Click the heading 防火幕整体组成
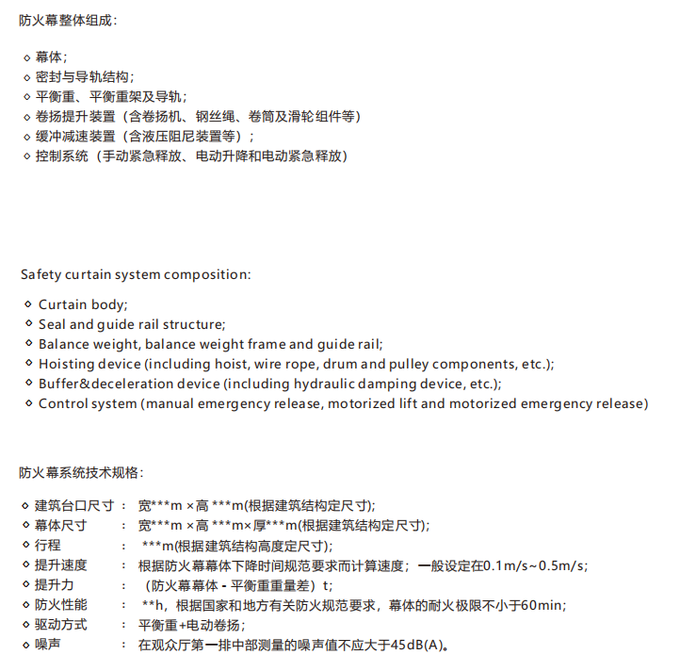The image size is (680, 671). [x=69, y=20]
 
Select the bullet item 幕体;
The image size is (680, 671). [x=51, y=57]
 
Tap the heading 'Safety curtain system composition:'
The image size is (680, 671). [x=136, y=274]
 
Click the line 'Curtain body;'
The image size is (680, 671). [x=83, y=304]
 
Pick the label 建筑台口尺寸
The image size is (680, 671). [x=74, y=504]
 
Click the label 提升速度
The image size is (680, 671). [x=61, y=565]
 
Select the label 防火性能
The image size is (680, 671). [x=61, y=604]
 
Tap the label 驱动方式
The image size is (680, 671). [x=61, y=624]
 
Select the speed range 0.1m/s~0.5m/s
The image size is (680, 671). [x=533, y=565]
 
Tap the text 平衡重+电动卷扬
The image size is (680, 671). [x=191, y=624]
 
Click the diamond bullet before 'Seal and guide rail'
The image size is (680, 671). [x=27, y=324]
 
